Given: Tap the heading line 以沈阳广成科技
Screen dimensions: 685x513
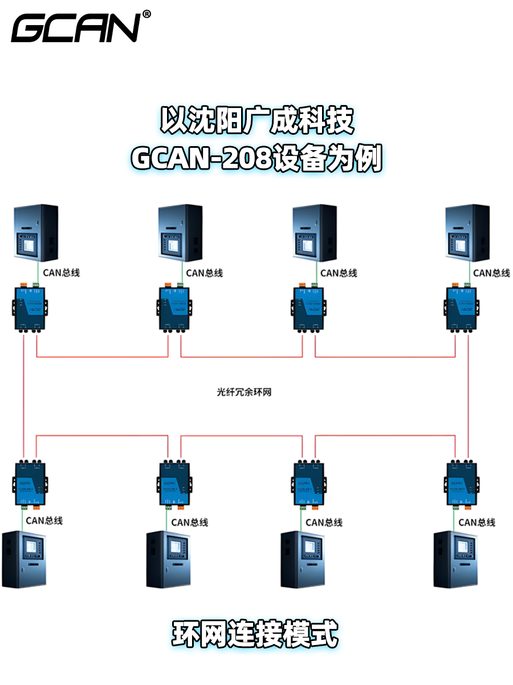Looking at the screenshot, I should (256, 121).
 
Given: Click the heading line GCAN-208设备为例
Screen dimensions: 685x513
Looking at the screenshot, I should (256, 159).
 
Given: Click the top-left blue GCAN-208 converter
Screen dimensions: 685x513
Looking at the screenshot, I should (30, 308).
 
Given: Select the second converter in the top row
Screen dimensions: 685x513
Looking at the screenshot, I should (174, 308).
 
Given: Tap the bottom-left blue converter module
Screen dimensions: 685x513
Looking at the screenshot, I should (30, 482).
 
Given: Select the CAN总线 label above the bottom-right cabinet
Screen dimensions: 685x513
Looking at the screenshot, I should (477, 522).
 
